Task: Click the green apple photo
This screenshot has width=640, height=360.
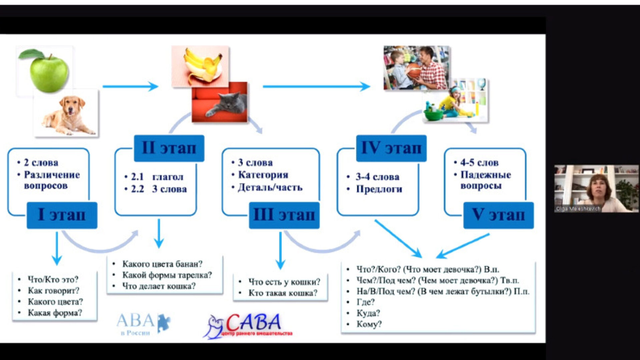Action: pyautogui.click(x=47, y=71)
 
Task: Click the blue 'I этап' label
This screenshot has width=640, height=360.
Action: pyautogui.click(x=62, y=215)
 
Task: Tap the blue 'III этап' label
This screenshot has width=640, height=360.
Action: pyautogui.click(x=284, y=215)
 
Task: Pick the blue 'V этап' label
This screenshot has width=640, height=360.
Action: pyautogui.click(x=498, y=215)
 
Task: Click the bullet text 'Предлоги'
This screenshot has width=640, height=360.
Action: pyautogui.click(x=379, y=189)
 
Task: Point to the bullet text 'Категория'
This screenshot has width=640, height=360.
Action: pyautogui.click(x=263, y=175)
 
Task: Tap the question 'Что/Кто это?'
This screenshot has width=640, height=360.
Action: pyautogui.click(x=53, y=279)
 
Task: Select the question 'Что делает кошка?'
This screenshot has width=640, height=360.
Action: pyautogui.click(x=159, y=286)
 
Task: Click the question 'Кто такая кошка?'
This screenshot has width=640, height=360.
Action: pyautogui.click(x=283, y=293)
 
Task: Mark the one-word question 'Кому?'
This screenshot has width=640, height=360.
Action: pyautogui.click(x=369, y=324)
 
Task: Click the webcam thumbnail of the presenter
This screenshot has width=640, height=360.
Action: pyautogui.click(x=596, y=188)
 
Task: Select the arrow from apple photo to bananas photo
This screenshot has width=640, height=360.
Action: pyautogui.click(x=130, y=86)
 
